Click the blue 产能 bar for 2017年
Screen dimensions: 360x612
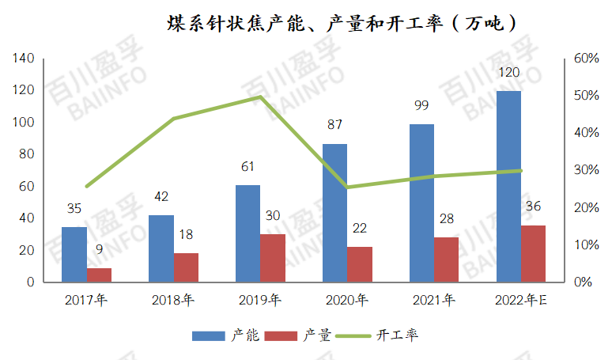click(x=74, y=254)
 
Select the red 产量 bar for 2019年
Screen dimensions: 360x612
click(x=273, y=258)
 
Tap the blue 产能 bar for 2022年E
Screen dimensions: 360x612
click(x=508, y=187)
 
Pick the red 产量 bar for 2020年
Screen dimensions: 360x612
click(x=360, y=264)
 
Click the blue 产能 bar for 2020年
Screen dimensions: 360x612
click(x=334, y=213)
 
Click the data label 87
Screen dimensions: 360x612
click(x=334, y=125)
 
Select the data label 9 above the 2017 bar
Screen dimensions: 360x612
click(x=100, y=249)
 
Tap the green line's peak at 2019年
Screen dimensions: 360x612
click(x=260, y=97)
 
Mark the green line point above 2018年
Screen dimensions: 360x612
click(x=173, y=119)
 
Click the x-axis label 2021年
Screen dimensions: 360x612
click(x=433, y=300)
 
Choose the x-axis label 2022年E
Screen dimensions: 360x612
click(x=520, y=300)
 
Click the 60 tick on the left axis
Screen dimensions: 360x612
click(x=28, y=186)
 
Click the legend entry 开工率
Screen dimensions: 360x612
click(x=397, y=335)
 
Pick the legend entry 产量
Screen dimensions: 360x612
click(x=310, y=335)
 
